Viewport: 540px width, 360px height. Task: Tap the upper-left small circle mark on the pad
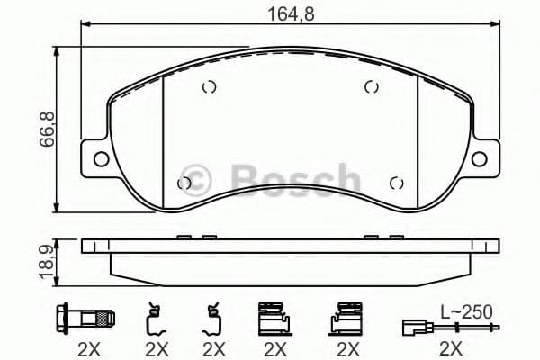pyautogui.click(x=209, y=87)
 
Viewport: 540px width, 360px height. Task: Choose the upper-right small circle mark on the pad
pyautogui.click(x=370, y=87)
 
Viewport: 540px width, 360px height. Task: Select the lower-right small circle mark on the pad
pyautogui.click(x=394, y=184)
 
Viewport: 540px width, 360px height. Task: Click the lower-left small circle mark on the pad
pyautogui.click(x=184, y=184)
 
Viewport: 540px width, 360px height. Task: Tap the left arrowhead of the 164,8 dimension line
pyautogui.click(x=85, y=24)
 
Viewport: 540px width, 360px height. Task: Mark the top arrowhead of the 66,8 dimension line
pyautogui.click(x=58, y=51)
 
